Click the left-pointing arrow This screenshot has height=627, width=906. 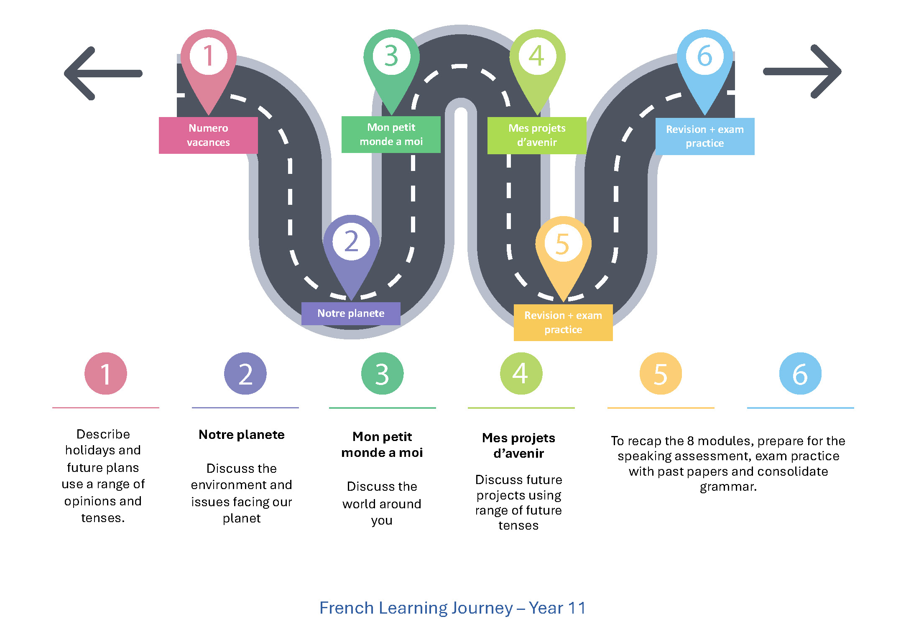point(103,74)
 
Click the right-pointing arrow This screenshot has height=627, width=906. point(802,71)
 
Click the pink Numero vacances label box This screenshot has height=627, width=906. point(208,135)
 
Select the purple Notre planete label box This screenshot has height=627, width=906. point(351,313)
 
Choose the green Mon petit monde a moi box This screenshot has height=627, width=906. point(391,134)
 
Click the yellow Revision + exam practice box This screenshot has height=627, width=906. point(563,322)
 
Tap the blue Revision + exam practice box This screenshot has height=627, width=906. point(705,136)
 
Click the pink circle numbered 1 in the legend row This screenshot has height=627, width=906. point(106,373)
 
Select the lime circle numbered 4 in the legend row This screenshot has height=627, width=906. point(521,373)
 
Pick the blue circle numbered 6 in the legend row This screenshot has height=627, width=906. point(800,373)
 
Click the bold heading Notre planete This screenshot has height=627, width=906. point(242,435)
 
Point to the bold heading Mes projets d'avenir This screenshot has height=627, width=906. point(518,446)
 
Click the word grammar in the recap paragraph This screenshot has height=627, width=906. point(728,487)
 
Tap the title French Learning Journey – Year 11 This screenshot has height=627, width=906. point(453,608)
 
